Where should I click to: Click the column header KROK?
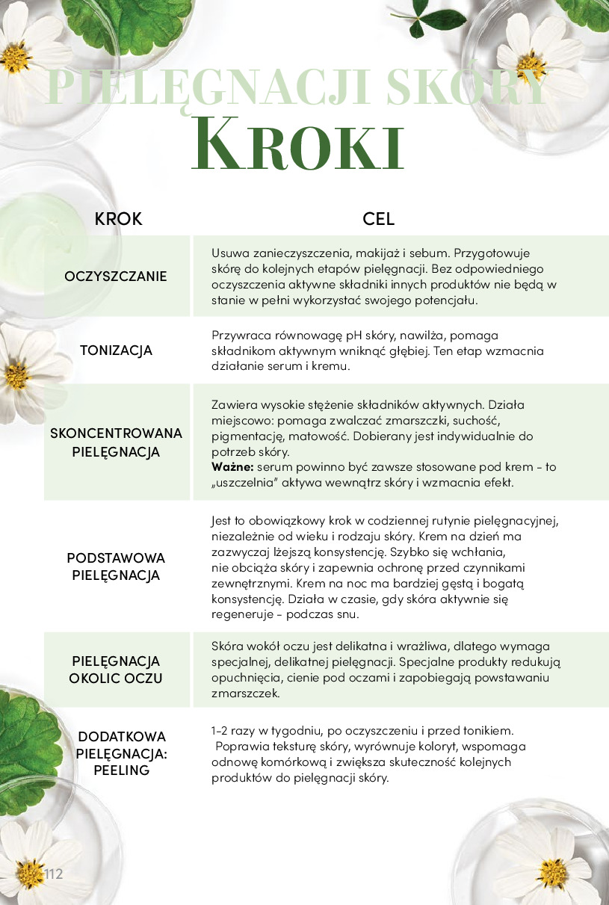coord(118,219)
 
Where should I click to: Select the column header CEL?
coord(378,219)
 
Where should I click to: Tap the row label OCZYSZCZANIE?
coord(116,277)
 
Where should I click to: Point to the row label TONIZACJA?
coord(116,350)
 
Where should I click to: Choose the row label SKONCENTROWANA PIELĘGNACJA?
coord(116,442)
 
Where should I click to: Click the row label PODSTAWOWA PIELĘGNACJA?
coord(116,566)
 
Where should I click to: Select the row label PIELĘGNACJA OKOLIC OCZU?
coord(116,670)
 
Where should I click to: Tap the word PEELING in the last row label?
coord(122,770)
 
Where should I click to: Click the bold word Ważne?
coord(233,466)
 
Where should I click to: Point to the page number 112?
coord(53,874)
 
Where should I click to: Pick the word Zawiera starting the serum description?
coord(235,404)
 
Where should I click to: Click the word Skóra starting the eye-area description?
coord(229,646)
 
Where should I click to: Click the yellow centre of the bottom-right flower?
coord(551,869)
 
